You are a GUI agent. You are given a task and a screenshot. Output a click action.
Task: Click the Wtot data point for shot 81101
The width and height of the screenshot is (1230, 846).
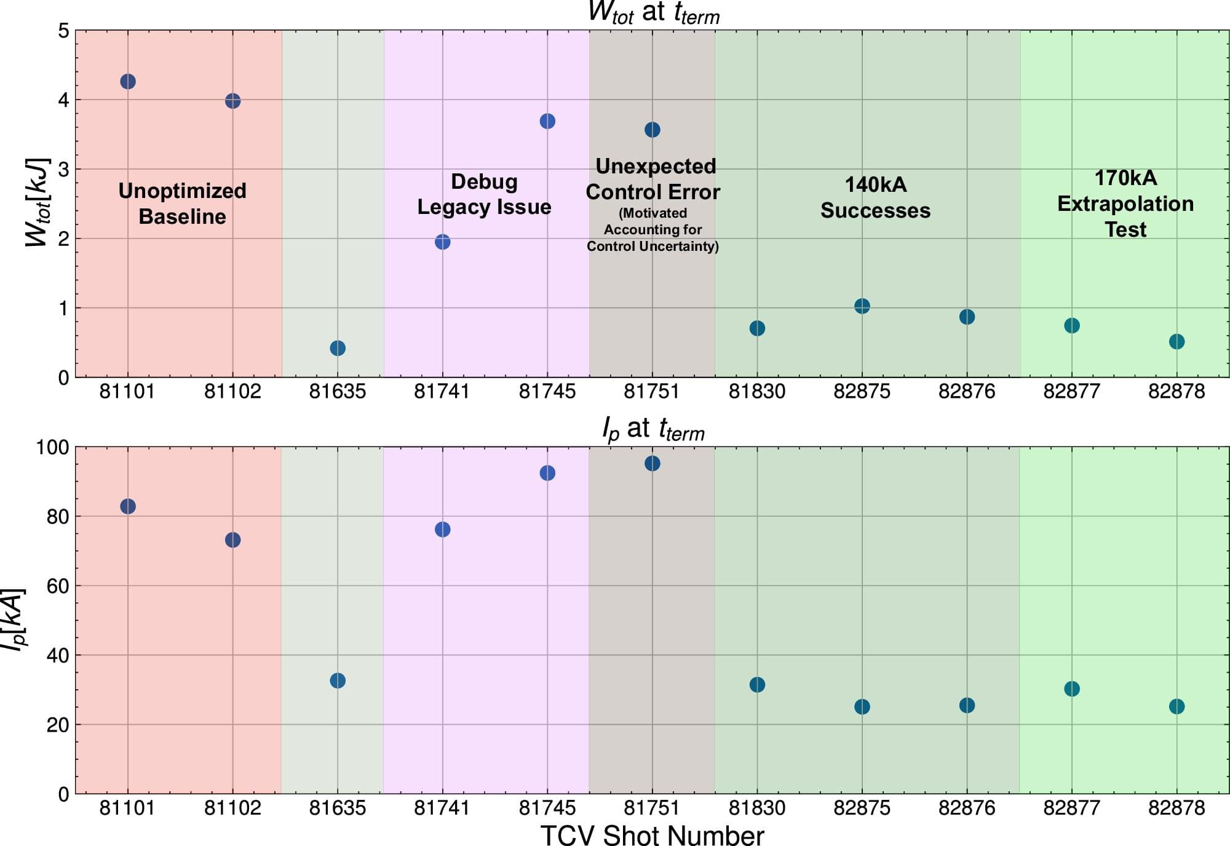tap(127, 82)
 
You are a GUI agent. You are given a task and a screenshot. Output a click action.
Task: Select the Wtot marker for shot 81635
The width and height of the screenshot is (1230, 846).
tap(338, 348)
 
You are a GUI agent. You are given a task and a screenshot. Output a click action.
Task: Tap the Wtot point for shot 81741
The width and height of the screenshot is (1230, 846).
tap(442, 242)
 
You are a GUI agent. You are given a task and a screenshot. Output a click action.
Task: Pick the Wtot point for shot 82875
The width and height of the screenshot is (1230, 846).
tap(862, 306)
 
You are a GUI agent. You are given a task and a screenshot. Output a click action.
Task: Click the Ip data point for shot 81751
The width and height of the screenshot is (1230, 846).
tap(653, 464)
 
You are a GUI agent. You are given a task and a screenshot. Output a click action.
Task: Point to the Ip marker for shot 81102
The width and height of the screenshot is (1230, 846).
tap(232, 540)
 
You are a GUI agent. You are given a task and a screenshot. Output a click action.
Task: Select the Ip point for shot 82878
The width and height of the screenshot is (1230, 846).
tap(1176, 706)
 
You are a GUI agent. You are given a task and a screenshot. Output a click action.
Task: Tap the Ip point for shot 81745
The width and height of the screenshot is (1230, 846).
tap(547, 473)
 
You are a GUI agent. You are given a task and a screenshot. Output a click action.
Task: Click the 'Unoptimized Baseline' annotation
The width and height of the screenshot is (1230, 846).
tap(182, 204)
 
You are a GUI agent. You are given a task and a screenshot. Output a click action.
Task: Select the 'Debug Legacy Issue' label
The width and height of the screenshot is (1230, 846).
tap(484, 194)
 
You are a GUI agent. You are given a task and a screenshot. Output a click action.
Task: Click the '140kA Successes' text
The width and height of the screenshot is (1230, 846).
tap(875, 197)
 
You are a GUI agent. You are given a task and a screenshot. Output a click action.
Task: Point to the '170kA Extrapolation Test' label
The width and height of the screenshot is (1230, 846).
tap(1125, 204)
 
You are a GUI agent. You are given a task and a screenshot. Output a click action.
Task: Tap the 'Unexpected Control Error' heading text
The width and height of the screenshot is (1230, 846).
tap(653, 179)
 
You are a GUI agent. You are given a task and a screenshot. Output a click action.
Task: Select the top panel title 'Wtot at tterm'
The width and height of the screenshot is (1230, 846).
tap(653, 12)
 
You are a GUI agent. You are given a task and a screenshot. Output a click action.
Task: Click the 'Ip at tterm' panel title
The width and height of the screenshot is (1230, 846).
tap(653, 429)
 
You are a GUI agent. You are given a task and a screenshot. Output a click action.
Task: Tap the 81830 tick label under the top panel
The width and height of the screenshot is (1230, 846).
tap(757, 391)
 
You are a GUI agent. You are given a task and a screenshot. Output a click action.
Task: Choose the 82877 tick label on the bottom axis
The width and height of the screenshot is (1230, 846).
tap(1071, 807)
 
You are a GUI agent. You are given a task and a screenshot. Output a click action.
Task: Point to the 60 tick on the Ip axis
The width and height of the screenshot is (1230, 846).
tap(58, 586)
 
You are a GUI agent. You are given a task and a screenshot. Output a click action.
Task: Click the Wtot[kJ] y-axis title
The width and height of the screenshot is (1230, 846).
tap(37, 203)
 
